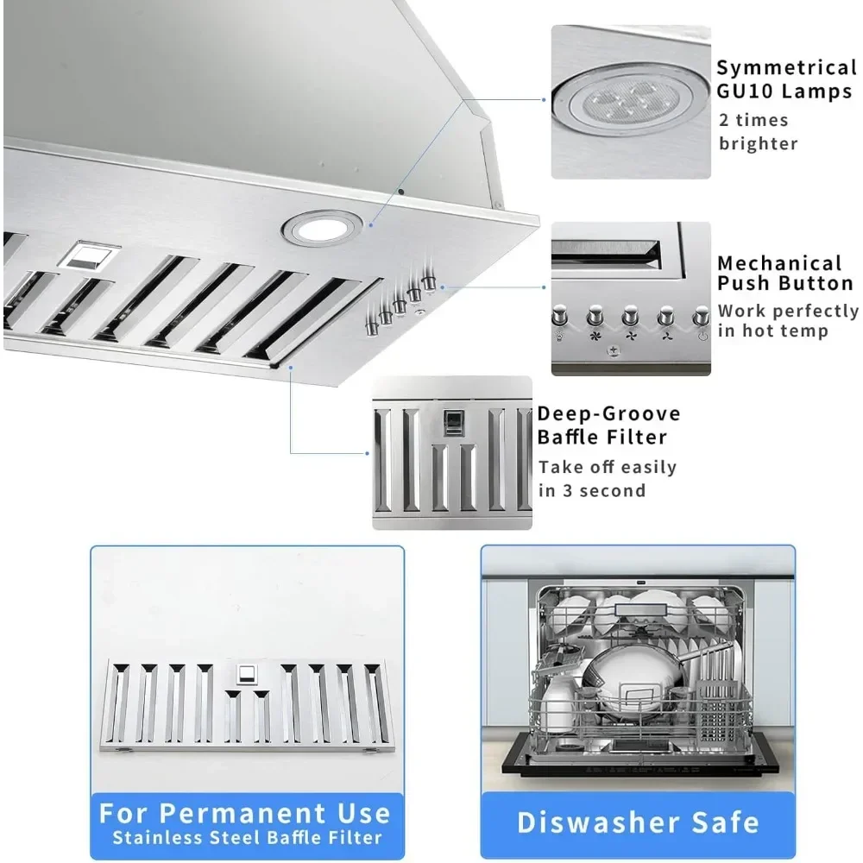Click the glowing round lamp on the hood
click(x=321, y=228)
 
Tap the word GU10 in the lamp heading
click(x=745, y=91)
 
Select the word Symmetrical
click(x=786, y=67)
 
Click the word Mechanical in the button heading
click(x=779, y=263)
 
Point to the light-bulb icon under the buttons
click(x=560, y=336)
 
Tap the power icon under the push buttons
click(x=702, y=335)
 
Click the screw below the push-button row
click(x=613, y=350)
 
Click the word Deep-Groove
click(x=608, y=413)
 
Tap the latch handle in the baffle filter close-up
click(x=453, y=423)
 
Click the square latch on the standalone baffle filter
click(x=247, y=674)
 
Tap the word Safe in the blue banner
click(x=726, y=822)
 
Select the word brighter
click(x=758, y=143)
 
